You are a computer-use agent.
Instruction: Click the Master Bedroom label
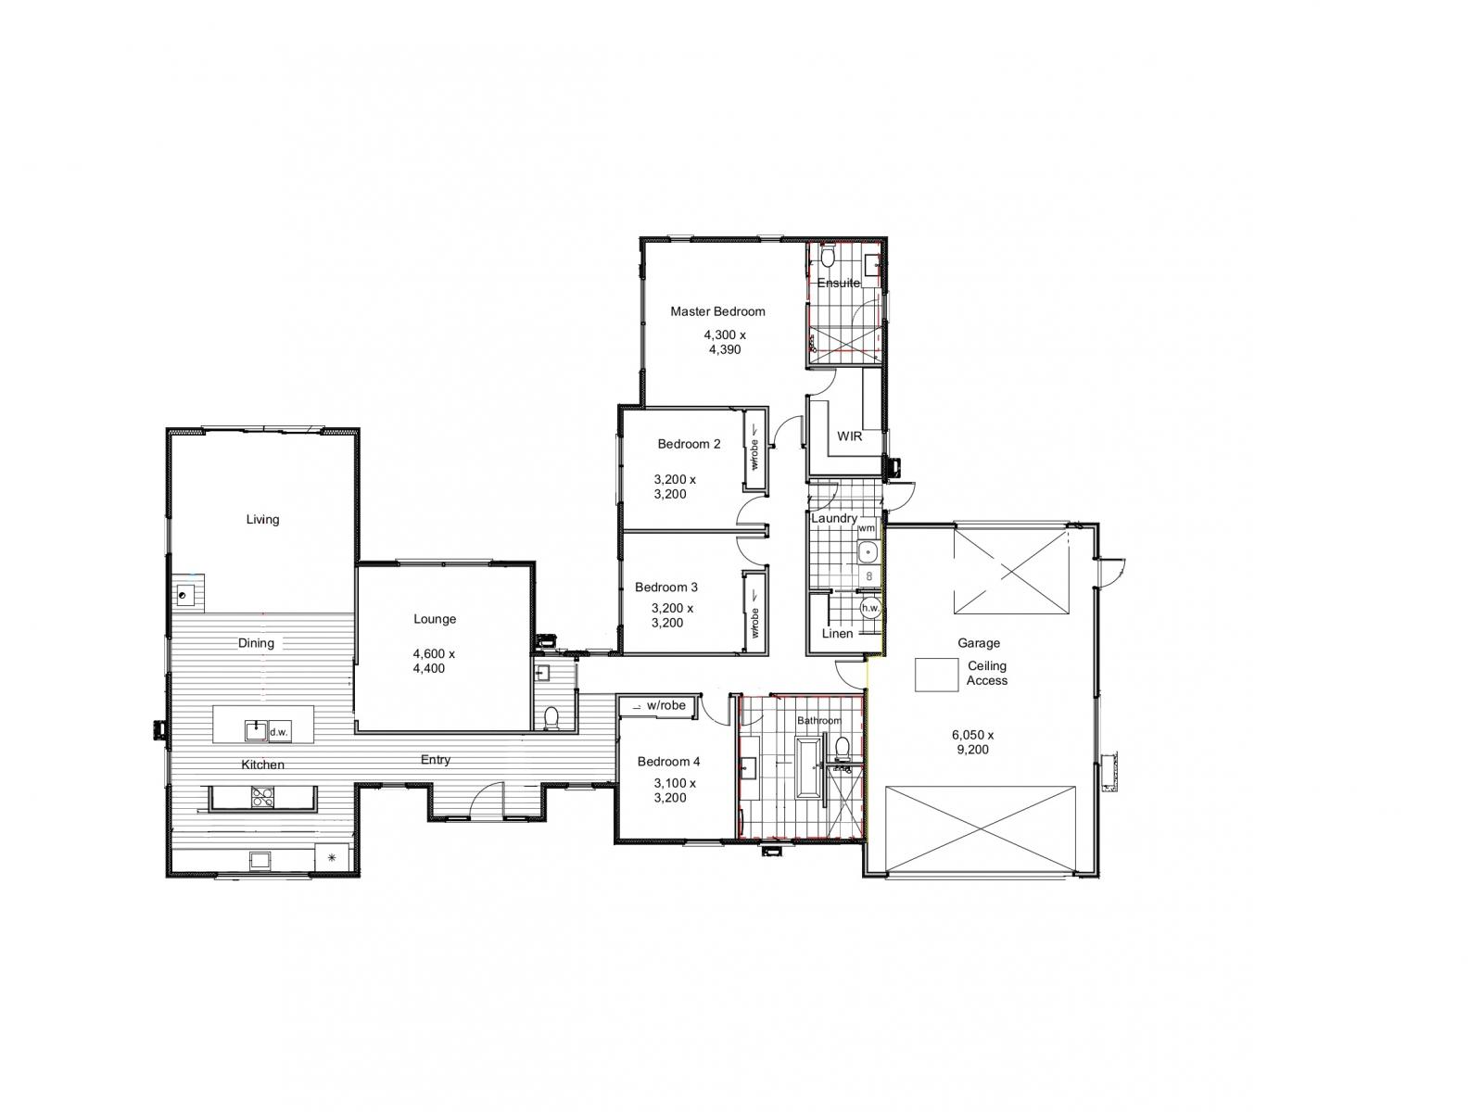716,311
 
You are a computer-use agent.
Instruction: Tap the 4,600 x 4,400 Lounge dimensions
433,661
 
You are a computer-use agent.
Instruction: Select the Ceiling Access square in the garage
936,675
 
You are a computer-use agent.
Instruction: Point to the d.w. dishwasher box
279,731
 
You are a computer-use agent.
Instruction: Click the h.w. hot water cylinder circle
869,608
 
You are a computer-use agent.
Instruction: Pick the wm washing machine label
866,528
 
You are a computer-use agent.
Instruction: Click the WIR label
849,436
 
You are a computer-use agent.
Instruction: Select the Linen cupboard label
837,633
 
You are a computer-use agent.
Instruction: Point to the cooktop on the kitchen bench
262,797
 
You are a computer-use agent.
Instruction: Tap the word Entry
435,760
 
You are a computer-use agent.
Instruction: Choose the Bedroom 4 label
668,762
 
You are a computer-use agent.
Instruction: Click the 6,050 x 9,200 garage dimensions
972,742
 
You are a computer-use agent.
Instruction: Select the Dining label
256,643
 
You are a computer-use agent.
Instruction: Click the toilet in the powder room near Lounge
551,717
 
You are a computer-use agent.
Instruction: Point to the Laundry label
833,518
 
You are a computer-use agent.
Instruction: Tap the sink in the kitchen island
256,731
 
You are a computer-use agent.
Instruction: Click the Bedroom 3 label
665,588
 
